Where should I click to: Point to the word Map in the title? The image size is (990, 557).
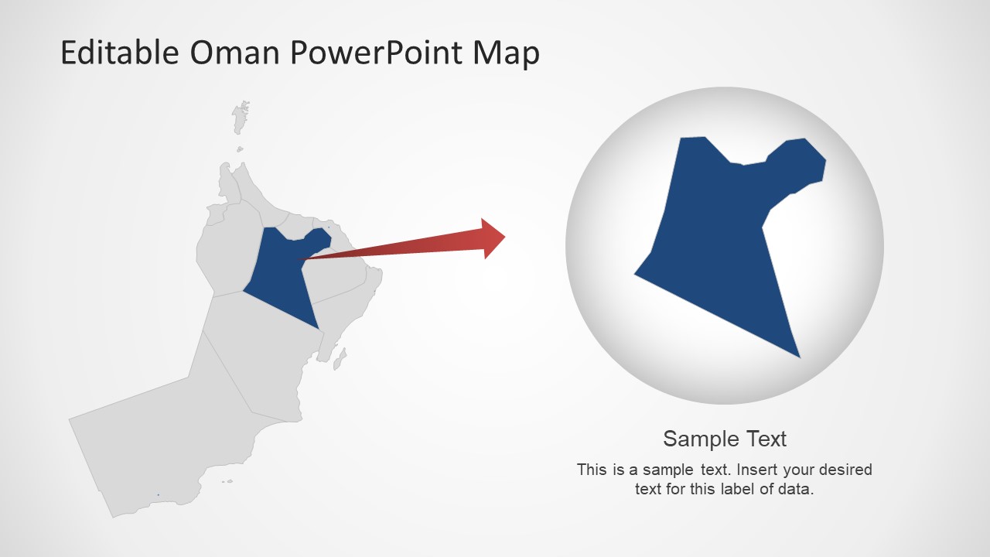[x=507, y=53]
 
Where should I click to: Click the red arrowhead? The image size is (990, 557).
[x=491, y=237]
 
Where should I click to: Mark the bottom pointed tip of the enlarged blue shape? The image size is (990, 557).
[x=798, y=356]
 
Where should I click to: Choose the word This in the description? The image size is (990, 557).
[x=592, y=470]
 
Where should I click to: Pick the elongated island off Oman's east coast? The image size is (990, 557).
[x=339, y=358]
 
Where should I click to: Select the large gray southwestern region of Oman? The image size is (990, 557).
[x=155, y=441]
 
